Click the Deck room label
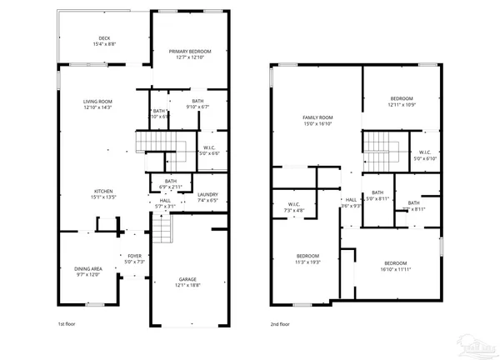pos(104,37)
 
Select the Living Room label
pos(97,102)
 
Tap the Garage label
pos(187,279)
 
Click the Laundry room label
pos(207,195)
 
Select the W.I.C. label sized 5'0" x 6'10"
pos(425,158)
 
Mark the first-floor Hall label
pos(165,201)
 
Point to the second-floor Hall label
pos(351,200)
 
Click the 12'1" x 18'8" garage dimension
pos(187,285)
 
